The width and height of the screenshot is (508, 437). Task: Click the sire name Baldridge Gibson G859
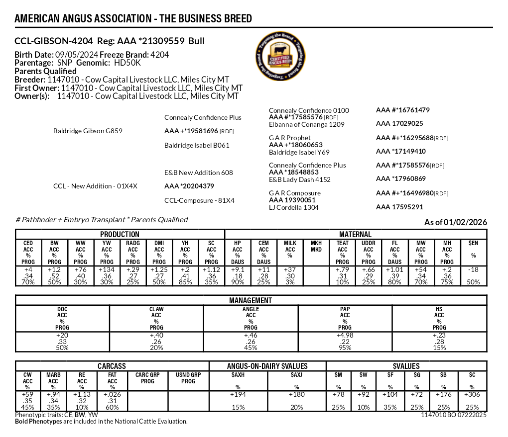[88, 131]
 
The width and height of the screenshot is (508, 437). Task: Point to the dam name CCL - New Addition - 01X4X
[95, 186]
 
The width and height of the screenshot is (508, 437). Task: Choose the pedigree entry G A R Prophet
[289, 138]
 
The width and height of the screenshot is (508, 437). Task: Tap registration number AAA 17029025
[399, 124]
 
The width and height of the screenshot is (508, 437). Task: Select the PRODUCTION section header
[120, 234]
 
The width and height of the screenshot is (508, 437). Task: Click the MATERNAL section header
[355, 234]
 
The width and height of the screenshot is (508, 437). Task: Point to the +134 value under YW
[107, 270]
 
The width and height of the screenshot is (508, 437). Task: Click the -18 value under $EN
[473, 270]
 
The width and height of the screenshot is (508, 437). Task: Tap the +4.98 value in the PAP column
[345, 337]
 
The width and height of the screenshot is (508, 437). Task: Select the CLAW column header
[156, 309]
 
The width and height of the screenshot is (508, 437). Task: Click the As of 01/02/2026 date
[455, 222]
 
